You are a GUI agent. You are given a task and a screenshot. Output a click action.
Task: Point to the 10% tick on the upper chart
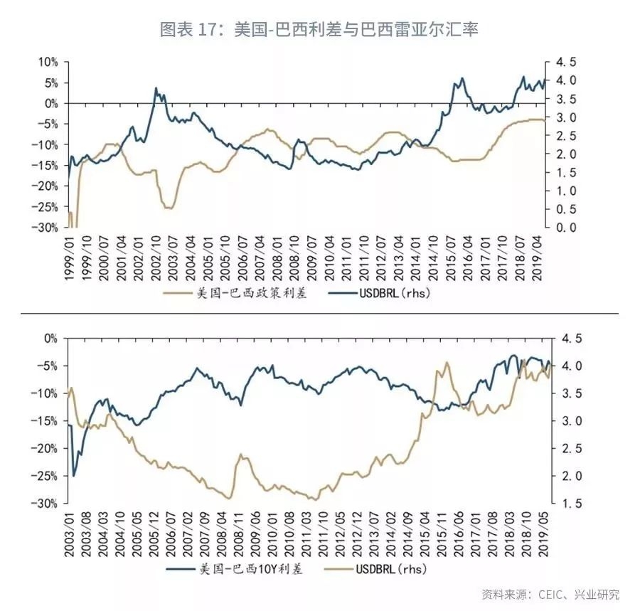pos(48,62)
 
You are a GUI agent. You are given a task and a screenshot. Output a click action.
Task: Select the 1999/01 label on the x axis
pos(70,259)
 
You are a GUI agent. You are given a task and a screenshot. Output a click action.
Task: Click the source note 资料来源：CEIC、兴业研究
pos(550,594)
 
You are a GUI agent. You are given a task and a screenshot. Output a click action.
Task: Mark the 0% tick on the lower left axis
pos(50,339)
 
